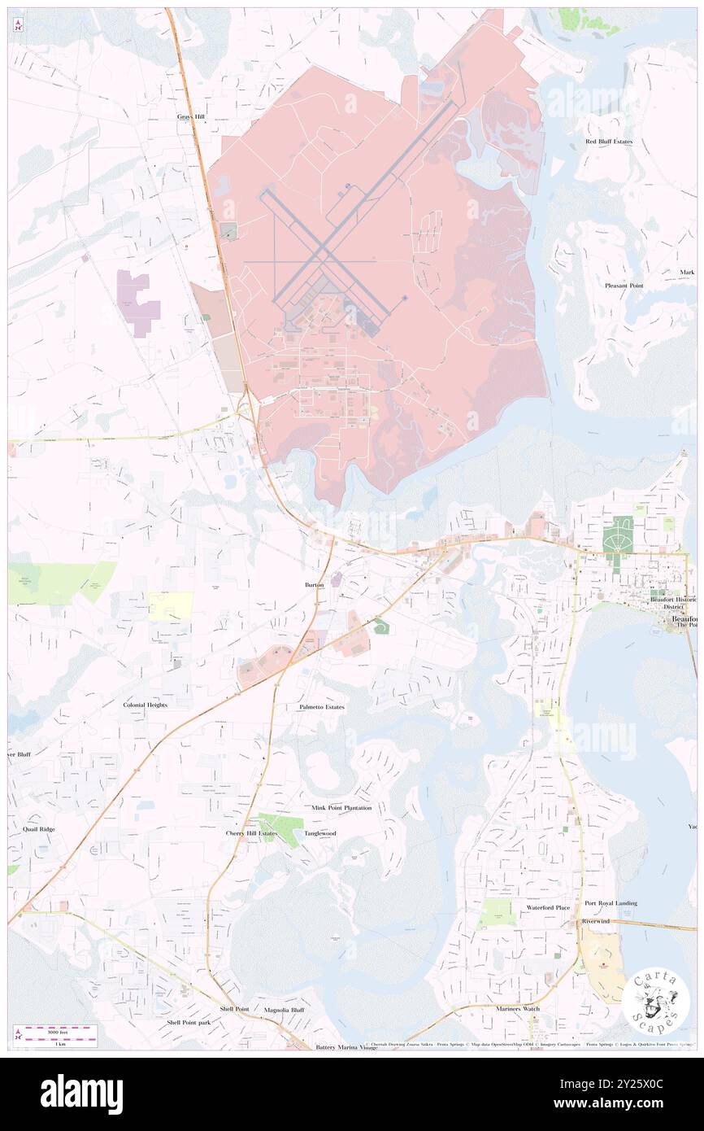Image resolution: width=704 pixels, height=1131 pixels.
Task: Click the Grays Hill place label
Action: pos(191,117)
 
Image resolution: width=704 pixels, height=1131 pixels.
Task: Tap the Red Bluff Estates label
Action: pos(609,142)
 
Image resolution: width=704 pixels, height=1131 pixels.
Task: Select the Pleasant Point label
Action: pos(624,286)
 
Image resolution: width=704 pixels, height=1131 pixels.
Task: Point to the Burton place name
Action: pos(314,585)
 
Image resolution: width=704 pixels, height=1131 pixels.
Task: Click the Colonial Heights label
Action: pos(146,705)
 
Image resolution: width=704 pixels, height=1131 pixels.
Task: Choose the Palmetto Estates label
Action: pos(321,707)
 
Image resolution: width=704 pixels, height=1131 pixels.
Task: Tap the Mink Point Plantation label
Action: pos(341,808)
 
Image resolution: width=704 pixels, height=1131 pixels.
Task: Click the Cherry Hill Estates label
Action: pos(251,833)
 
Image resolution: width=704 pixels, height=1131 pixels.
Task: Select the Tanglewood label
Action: pos(319,833)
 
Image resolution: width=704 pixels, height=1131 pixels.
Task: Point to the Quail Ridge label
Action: pos(39,829)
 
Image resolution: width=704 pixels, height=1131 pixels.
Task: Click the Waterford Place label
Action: pos(548,907)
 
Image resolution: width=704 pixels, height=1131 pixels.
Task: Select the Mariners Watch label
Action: pos(518,1009)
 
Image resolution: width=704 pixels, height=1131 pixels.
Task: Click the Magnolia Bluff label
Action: pos(284,1010)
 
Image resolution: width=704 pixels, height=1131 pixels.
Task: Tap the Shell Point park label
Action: pos(189,1022)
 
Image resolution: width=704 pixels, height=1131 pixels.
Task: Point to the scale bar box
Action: pos(55,1036)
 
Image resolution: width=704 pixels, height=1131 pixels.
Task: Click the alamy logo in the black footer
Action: pos(81,1094)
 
